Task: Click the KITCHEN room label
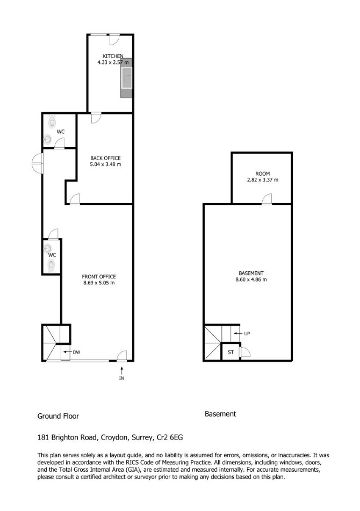pos(113,56)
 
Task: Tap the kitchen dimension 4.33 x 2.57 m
pos(113,62)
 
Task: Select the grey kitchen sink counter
pos(126,78)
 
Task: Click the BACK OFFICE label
pos(105,158)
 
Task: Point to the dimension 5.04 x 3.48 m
pos(105,164)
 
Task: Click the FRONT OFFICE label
pos(99,277)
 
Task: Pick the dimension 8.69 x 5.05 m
pos(99,283)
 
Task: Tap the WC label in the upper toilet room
pos(61,132)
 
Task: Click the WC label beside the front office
pos(52,255)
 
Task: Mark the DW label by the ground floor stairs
pos(76,352)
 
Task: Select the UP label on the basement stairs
pos(247,334)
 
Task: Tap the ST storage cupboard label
pos(231,352)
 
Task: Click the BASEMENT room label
pos(251,274)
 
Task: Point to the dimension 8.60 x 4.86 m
pos(251,279)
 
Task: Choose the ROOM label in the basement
pos(263,174)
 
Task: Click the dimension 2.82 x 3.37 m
pos(263,179)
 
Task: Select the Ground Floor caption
pos(58,416)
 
